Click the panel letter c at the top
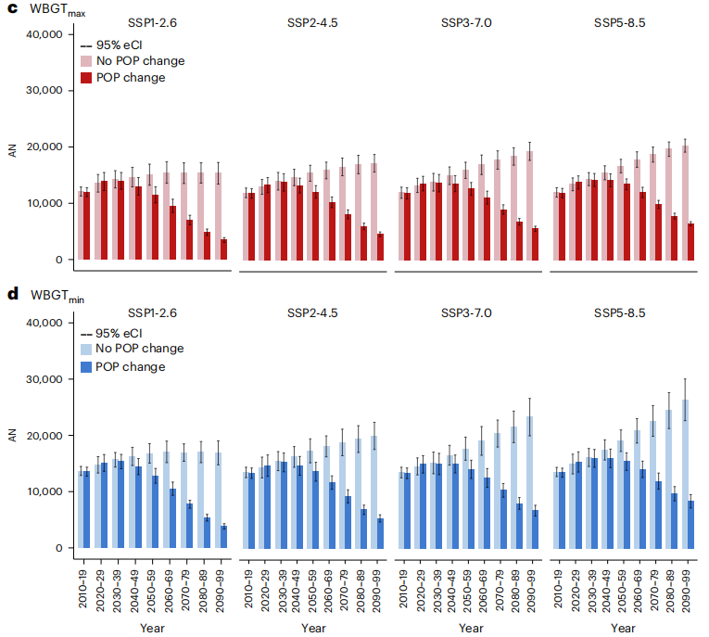12,8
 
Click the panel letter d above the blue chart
12,295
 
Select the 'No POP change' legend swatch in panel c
85,61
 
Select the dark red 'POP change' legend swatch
85,78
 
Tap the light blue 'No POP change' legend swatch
85,349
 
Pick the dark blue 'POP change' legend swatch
85,366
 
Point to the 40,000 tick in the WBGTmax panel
43,34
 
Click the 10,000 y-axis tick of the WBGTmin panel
43,492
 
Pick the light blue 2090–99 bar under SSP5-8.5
685,474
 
